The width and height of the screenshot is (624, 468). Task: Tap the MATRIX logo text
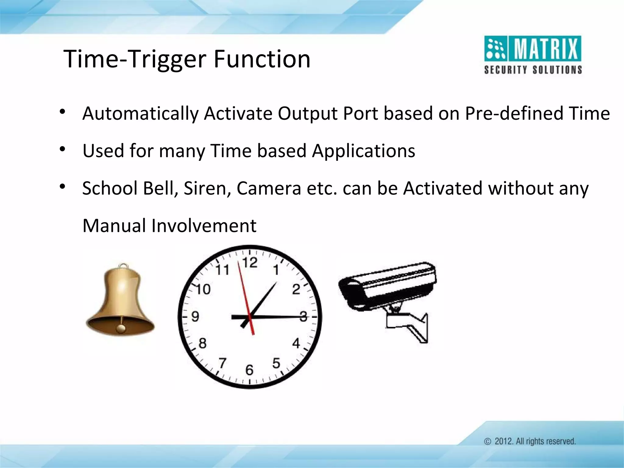(x=547, y=49)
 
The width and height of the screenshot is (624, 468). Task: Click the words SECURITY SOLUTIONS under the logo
(x=533, y=70)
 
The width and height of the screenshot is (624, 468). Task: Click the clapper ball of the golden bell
(x=121, y=328)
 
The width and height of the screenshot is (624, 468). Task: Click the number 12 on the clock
(x=250, y=263)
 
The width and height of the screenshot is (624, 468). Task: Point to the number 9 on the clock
(x=195, y=317)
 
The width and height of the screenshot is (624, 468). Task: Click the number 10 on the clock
(x=203, y=289)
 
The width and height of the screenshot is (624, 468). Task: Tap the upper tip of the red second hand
(x=239, y=261)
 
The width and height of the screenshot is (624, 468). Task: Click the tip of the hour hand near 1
(x=276, y=283)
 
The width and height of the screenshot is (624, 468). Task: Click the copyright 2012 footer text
(x=530, y=441)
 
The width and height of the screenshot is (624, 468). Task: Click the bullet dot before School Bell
(x=62, y=186)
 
